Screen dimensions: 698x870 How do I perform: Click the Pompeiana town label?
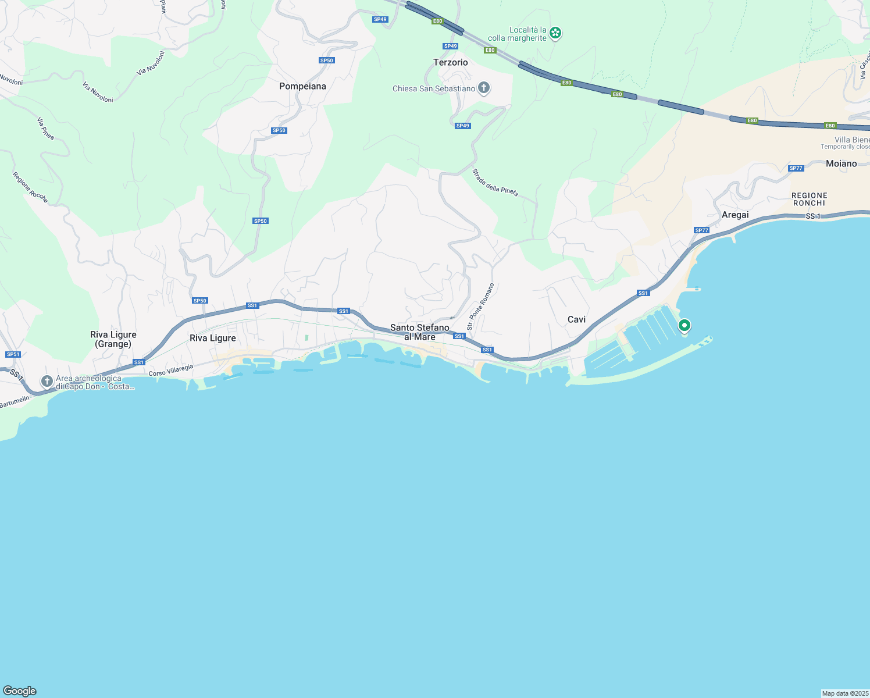click(302, 86)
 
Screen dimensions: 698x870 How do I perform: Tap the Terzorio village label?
click(450, 62)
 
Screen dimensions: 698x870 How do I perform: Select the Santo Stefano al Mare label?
click(419, 332)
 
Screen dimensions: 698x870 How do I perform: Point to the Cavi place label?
click(576, 319)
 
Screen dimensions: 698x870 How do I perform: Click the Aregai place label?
click(735, 215)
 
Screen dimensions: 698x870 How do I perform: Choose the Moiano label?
click(841, 163)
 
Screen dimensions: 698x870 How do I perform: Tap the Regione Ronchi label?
click(809, 199)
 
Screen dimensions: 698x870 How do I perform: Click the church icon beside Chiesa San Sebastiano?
click(483, 88)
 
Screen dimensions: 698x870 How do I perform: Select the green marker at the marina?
click(684, 325)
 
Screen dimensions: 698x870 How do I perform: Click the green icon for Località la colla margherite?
click(555, 33)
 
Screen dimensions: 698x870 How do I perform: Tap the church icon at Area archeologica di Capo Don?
click(47, 382)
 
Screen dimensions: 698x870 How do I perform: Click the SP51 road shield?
click(13, 354)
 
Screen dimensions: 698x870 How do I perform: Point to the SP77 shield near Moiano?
click(796, 168)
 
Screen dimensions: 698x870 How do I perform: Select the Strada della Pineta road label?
click(495, 183)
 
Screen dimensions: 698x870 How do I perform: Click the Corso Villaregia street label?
click(171, 371)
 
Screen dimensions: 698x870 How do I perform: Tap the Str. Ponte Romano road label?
click(480, 307)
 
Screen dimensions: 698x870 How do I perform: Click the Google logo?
click(20, 691)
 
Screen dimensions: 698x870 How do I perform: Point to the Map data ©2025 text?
click(844, 693)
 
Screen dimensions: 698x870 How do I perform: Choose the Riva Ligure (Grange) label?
click(113, 339)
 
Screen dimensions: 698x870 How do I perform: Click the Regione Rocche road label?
click(30, 187)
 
